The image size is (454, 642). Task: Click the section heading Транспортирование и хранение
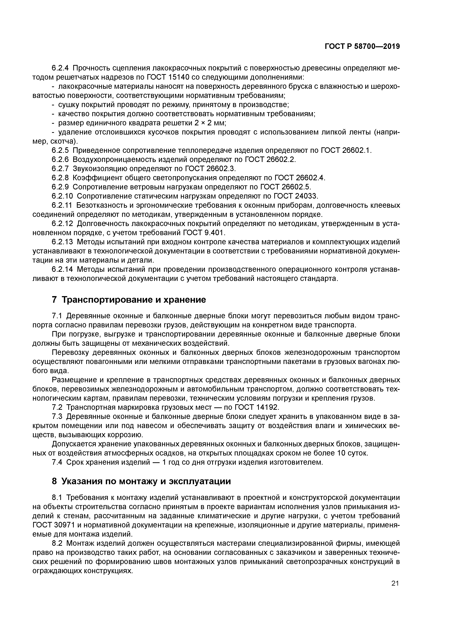click(133, 300)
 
